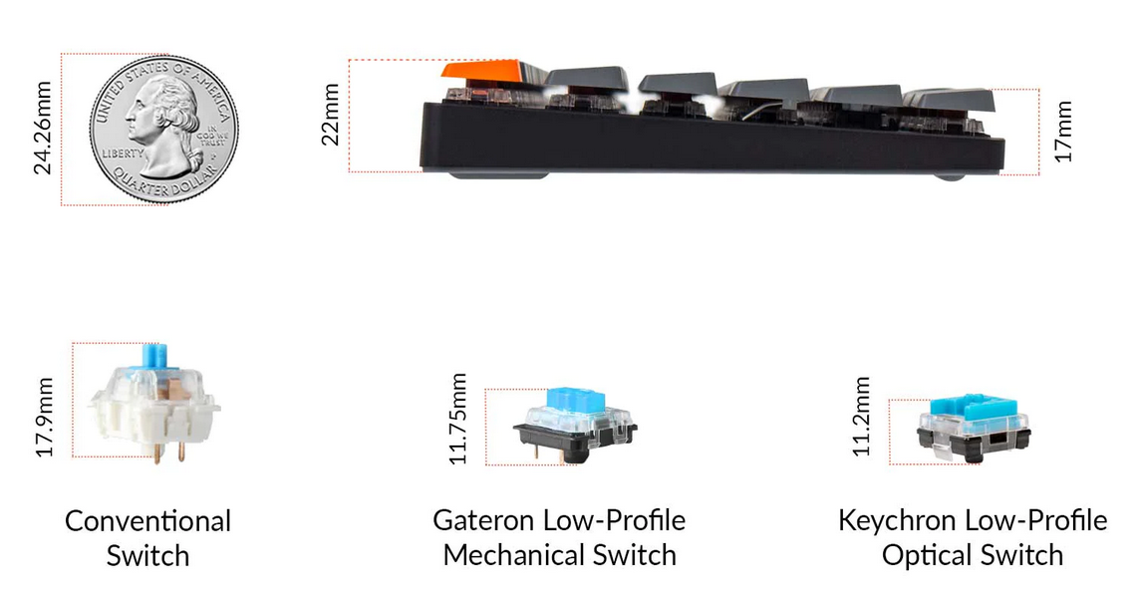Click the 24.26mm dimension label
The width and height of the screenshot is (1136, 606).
(x=43, y=129)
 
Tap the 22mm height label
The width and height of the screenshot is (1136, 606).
(x=330, y=115)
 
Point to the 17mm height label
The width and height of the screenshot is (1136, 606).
(x=1062, y=132)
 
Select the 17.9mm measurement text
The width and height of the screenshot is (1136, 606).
(x=44, y=417)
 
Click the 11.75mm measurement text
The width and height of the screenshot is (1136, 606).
(x=457, y=419)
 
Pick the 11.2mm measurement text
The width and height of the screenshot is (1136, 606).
(x=861, y=416)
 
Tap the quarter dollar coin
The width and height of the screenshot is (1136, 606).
(x=163, y=129)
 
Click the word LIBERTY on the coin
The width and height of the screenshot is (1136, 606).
(x=123, y=153)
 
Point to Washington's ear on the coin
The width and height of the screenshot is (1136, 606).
(x=168, y=115)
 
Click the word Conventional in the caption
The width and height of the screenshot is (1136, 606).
(x=147, y=521)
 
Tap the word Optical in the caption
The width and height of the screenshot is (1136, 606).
(x=922, y=555)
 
